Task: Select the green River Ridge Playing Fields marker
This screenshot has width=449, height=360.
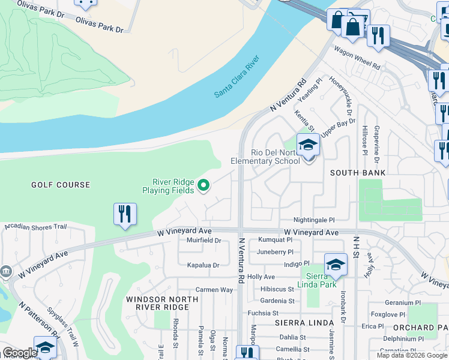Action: point(203,185)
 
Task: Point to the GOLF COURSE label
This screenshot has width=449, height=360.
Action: point(61,185)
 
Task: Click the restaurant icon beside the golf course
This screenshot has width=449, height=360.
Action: point(125,215)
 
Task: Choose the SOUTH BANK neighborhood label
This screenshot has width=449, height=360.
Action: point(357,173)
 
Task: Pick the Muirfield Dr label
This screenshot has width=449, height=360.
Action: point(204,241)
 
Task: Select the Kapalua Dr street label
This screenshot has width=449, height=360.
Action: point(203,265)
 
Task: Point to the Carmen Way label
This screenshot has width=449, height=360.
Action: point(214,290)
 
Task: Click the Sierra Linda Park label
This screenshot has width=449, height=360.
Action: point(318,281)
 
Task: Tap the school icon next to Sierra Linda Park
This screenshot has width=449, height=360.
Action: point(336,265)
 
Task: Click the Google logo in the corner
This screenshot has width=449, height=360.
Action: point(19,353)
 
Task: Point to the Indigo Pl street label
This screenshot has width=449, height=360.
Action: point(297,264)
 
